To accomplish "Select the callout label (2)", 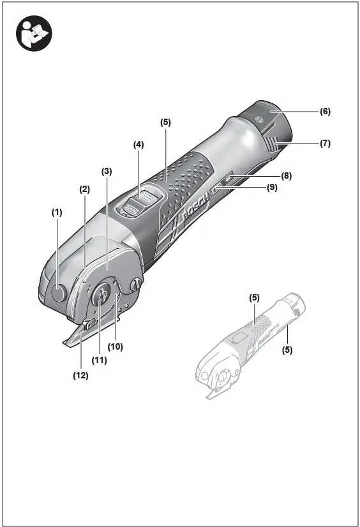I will click(x=84, y=189).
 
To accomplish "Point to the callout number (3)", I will click(x=107, y=171).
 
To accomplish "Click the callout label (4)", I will click(x=139, y=145).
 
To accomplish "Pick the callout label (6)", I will click(x=325, y=111).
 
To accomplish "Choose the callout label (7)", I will click(x=325, y=144).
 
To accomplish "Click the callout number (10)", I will click(x=115, y=347).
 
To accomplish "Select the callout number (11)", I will click(x=98, y=360).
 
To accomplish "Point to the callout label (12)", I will click(x=80, y=375).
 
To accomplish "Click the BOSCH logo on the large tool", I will click(x=191, y=210).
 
